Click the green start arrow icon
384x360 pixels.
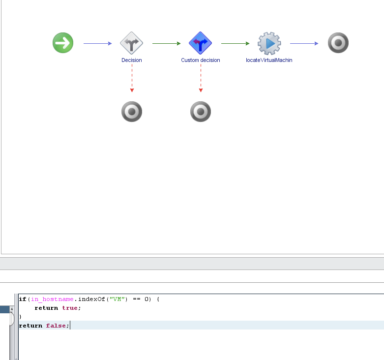tap(63, 43)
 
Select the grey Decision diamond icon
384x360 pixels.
tap(132, 43)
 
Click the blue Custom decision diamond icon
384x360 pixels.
tap(201, 43)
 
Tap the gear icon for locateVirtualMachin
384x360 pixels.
tap(269, 43)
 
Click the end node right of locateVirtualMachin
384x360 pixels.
tap(338, 43)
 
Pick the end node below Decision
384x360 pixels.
tap(132, 112)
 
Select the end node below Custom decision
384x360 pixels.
tap(201, 112)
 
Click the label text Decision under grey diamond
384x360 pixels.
tap(132, 60)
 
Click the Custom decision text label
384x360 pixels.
tap(201, 60)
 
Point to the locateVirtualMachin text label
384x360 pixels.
tap(269, 60)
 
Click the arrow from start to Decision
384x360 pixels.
tap(97, 43)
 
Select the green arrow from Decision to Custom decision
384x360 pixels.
tap(166, 43)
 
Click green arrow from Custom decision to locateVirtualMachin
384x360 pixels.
tap(235, 43)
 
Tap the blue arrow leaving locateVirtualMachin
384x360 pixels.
tap(304, 43)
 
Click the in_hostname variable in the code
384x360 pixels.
tap(48, 299)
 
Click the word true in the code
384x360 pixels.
tap(69, 308)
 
